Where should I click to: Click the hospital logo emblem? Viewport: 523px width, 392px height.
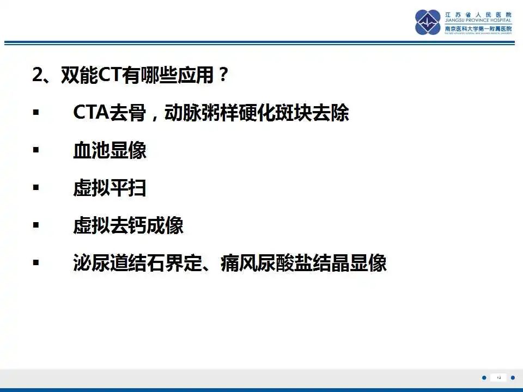[428, 22]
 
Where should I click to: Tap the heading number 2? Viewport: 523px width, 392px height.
[38, 75]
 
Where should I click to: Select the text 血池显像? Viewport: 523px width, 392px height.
[110, 150]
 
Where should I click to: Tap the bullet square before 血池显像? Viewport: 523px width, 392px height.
[36, 150]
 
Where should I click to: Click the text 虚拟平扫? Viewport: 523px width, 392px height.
[110, 188]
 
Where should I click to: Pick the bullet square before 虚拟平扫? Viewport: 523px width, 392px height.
[36, 188]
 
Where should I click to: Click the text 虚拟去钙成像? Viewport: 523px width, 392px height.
[128, 225]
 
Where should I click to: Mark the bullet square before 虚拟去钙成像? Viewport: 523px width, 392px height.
[36, 225]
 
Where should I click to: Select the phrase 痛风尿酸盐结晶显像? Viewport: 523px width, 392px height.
[303, 263]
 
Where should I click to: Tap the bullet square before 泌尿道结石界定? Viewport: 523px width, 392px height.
[36, 263]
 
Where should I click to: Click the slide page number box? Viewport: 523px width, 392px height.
[498, 377]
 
